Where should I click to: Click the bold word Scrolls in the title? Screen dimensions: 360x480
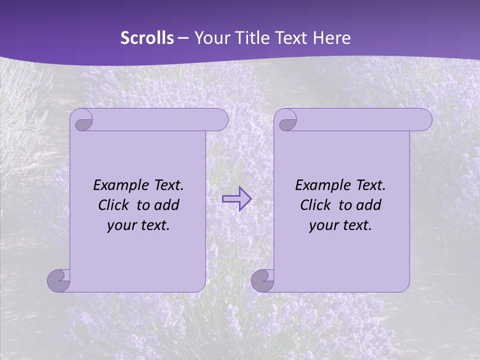tap(147, 38)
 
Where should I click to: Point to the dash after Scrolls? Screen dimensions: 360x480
tap(183, 38)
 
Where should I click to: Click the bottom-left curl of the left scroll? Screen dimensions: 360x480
tap(58, 280)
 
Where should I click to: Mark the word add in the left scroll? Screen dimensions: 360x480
tap(166, 205)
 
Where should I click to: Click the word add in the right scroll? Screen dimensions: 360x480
tap(368, 205)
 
